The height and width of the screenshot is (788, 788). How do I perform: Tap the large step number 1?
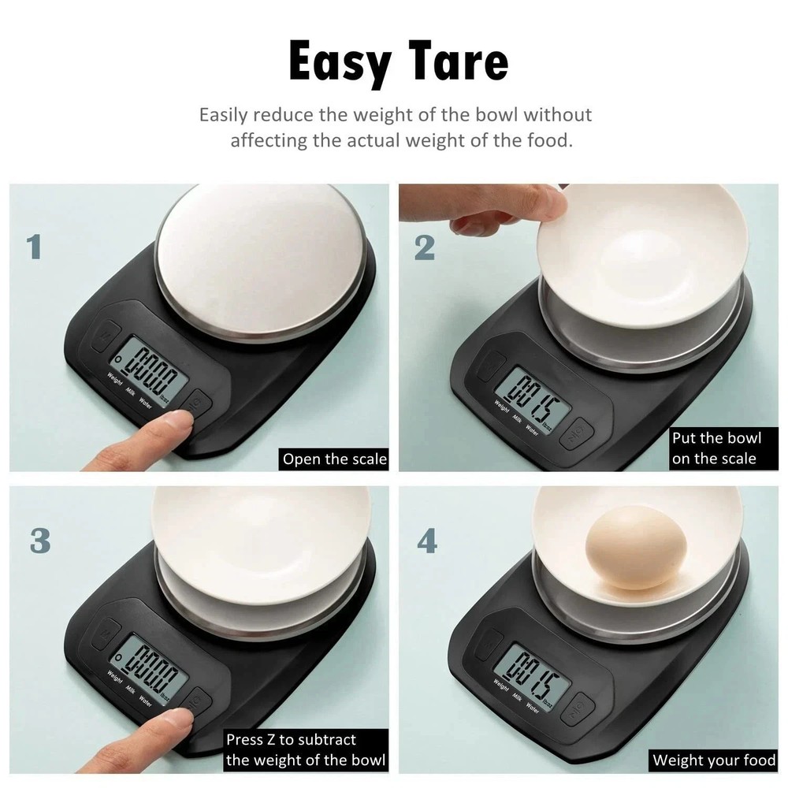[34, 247]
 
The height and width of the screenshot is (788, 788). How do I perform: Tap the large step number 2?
[424, 247]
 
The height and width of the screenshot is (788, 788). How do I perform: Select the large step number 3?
[39, 541]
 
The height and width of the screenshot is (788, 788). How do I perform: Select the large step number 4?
[426, 541]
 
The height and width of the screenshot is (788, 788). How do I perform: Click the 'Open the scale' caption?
[335, 459]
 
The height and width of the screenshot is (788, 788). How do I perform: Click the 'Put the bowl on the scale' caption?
[714, 448]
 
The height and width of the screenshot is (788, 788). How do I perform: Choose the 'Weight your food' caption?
[714, 760]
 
